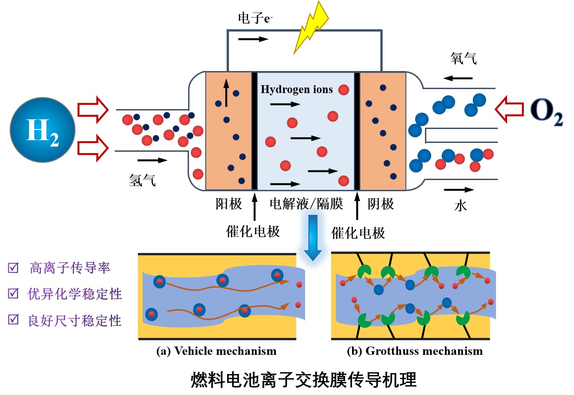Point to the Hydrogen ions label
(x=297, y=89)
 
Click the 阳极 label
(x=228, y=204)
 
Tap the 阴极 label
(x=381, y=204)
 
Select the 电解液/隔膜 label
(x=307, y=204)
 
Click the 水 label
(x=460, y=205)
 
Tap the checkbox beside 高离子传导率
(x=13, y=268)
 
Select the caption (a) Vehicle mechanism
(x=216, y=351)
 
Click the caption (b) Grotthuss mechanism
(x=415, y=351)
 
